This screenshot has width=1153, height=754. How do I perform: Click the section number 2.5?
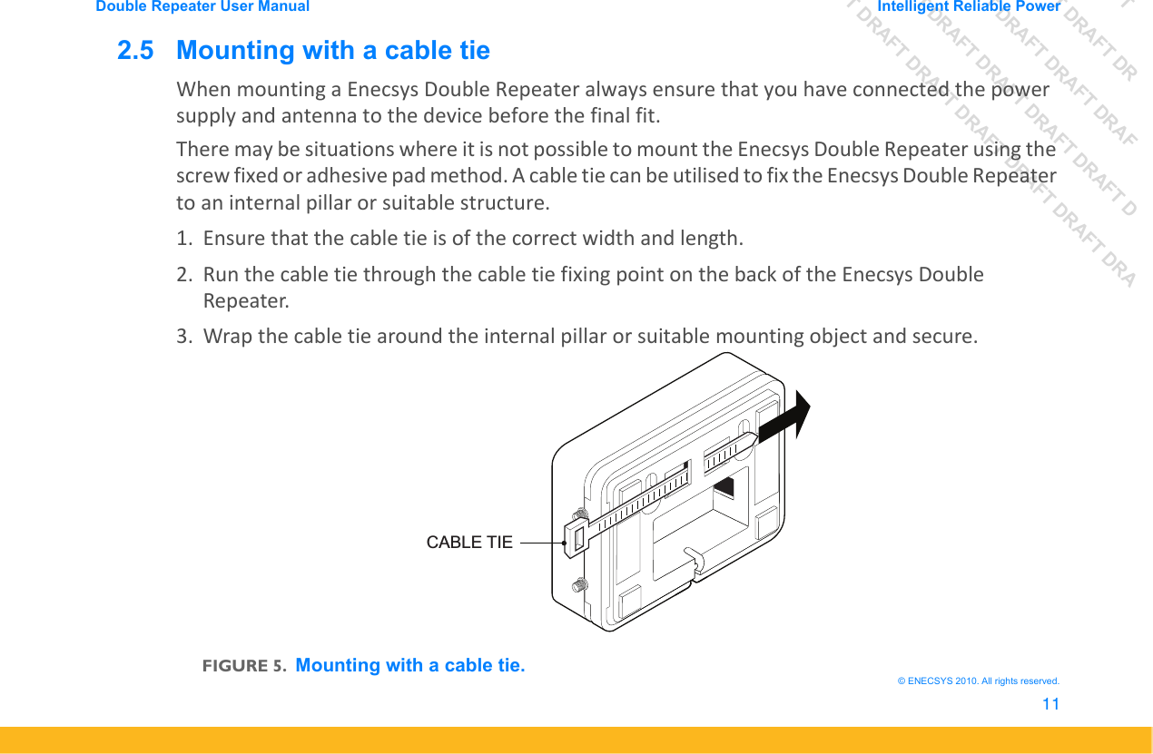click(135, 51)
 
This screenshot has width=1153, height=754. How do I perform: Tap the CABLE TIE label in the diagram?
click(469, 543)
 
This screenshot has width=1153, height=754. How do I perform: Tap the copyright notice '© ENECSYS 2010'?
click(977, 681)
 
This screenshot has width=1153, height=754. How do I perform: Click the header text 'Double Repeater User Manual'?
click(202, 6)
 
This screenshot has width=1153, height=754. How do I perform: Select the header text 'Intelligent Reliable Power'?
click(969, 6)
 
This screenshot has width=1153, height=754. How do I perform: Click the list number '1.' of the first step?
click(184, 239)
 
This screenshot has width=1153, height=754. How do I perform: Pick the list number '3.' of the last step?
click(184, 337)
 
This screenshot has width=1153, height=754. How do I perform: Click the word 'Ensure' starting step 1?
click(232, 239)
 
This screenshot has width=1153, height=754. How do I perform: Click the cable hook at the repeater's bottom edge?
click(692, 560)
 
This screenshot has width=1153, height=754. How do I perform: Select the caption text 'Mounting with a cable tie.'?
click(410, 665)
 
